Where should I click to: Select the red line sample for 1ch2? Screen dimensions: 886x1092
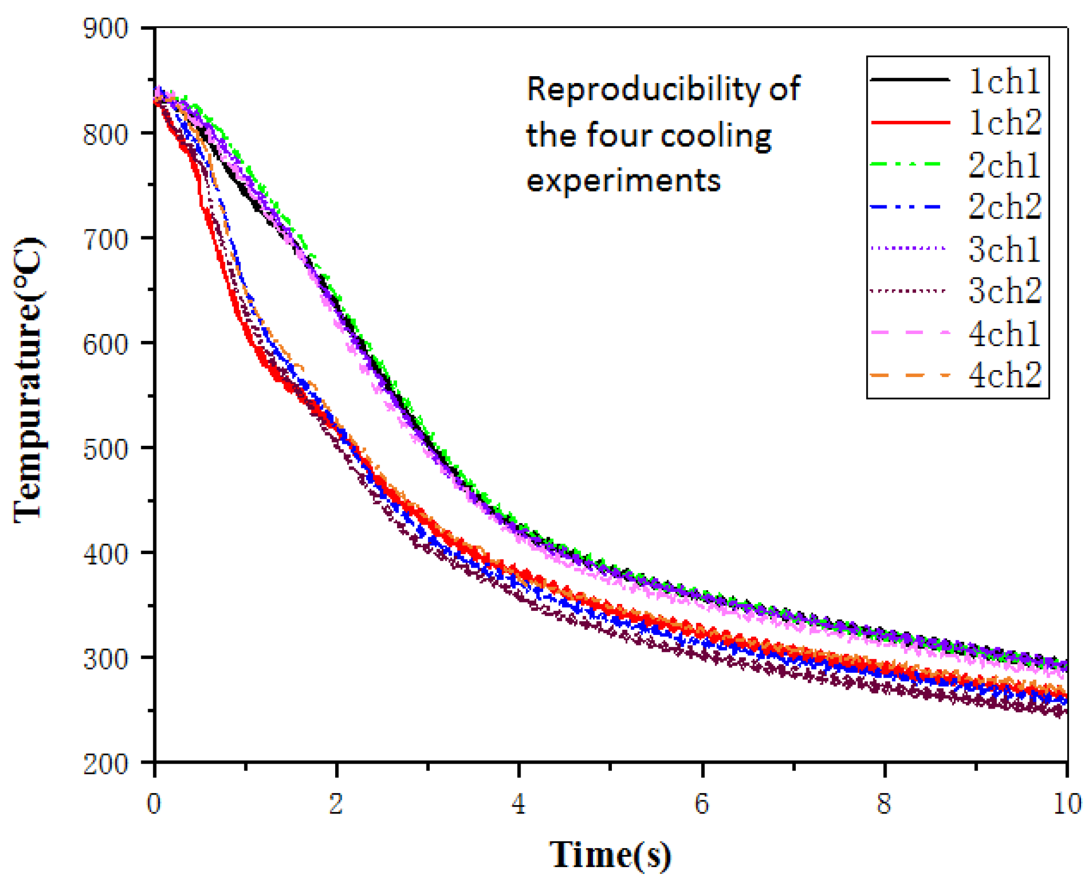tap(910, 122)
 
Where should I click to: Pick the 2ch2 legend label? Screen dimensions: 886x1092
tap(1004, 206)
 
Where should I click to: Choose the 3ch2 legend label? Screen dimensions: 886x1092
tap(1004, 290)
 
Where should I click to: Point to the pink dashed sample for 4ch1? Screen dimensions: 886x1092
tap(910, 333)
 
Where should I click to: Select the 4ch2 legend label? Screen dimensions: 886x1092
tap(1004, 375)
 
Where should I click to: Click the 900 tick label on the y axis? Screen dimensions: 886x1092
tap(106, 29)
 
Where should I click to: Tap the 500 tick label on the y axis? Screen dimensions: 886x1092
tap(106, 450)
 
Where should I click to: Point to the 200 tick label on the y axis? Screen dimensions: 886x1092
tap(106, 765)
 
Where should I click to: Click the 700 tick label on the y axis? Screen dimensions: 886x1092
tap(106, 239)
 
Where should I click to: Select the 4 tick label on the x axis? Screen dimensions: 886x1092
tap(518, 804)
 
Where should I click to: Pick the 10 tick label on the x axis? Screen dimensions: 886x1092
tap(1066, 804)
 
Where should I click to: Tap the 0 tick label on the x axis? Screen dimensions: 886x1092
tap(153, 804)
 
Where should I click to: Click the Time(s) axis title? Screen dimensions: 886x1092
tap(610, 856)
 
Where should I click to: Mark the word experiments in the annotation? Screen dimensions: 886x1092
tap(623, 181)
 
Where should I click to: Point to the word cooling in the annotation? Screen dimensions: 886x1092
tap(715, 137)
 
